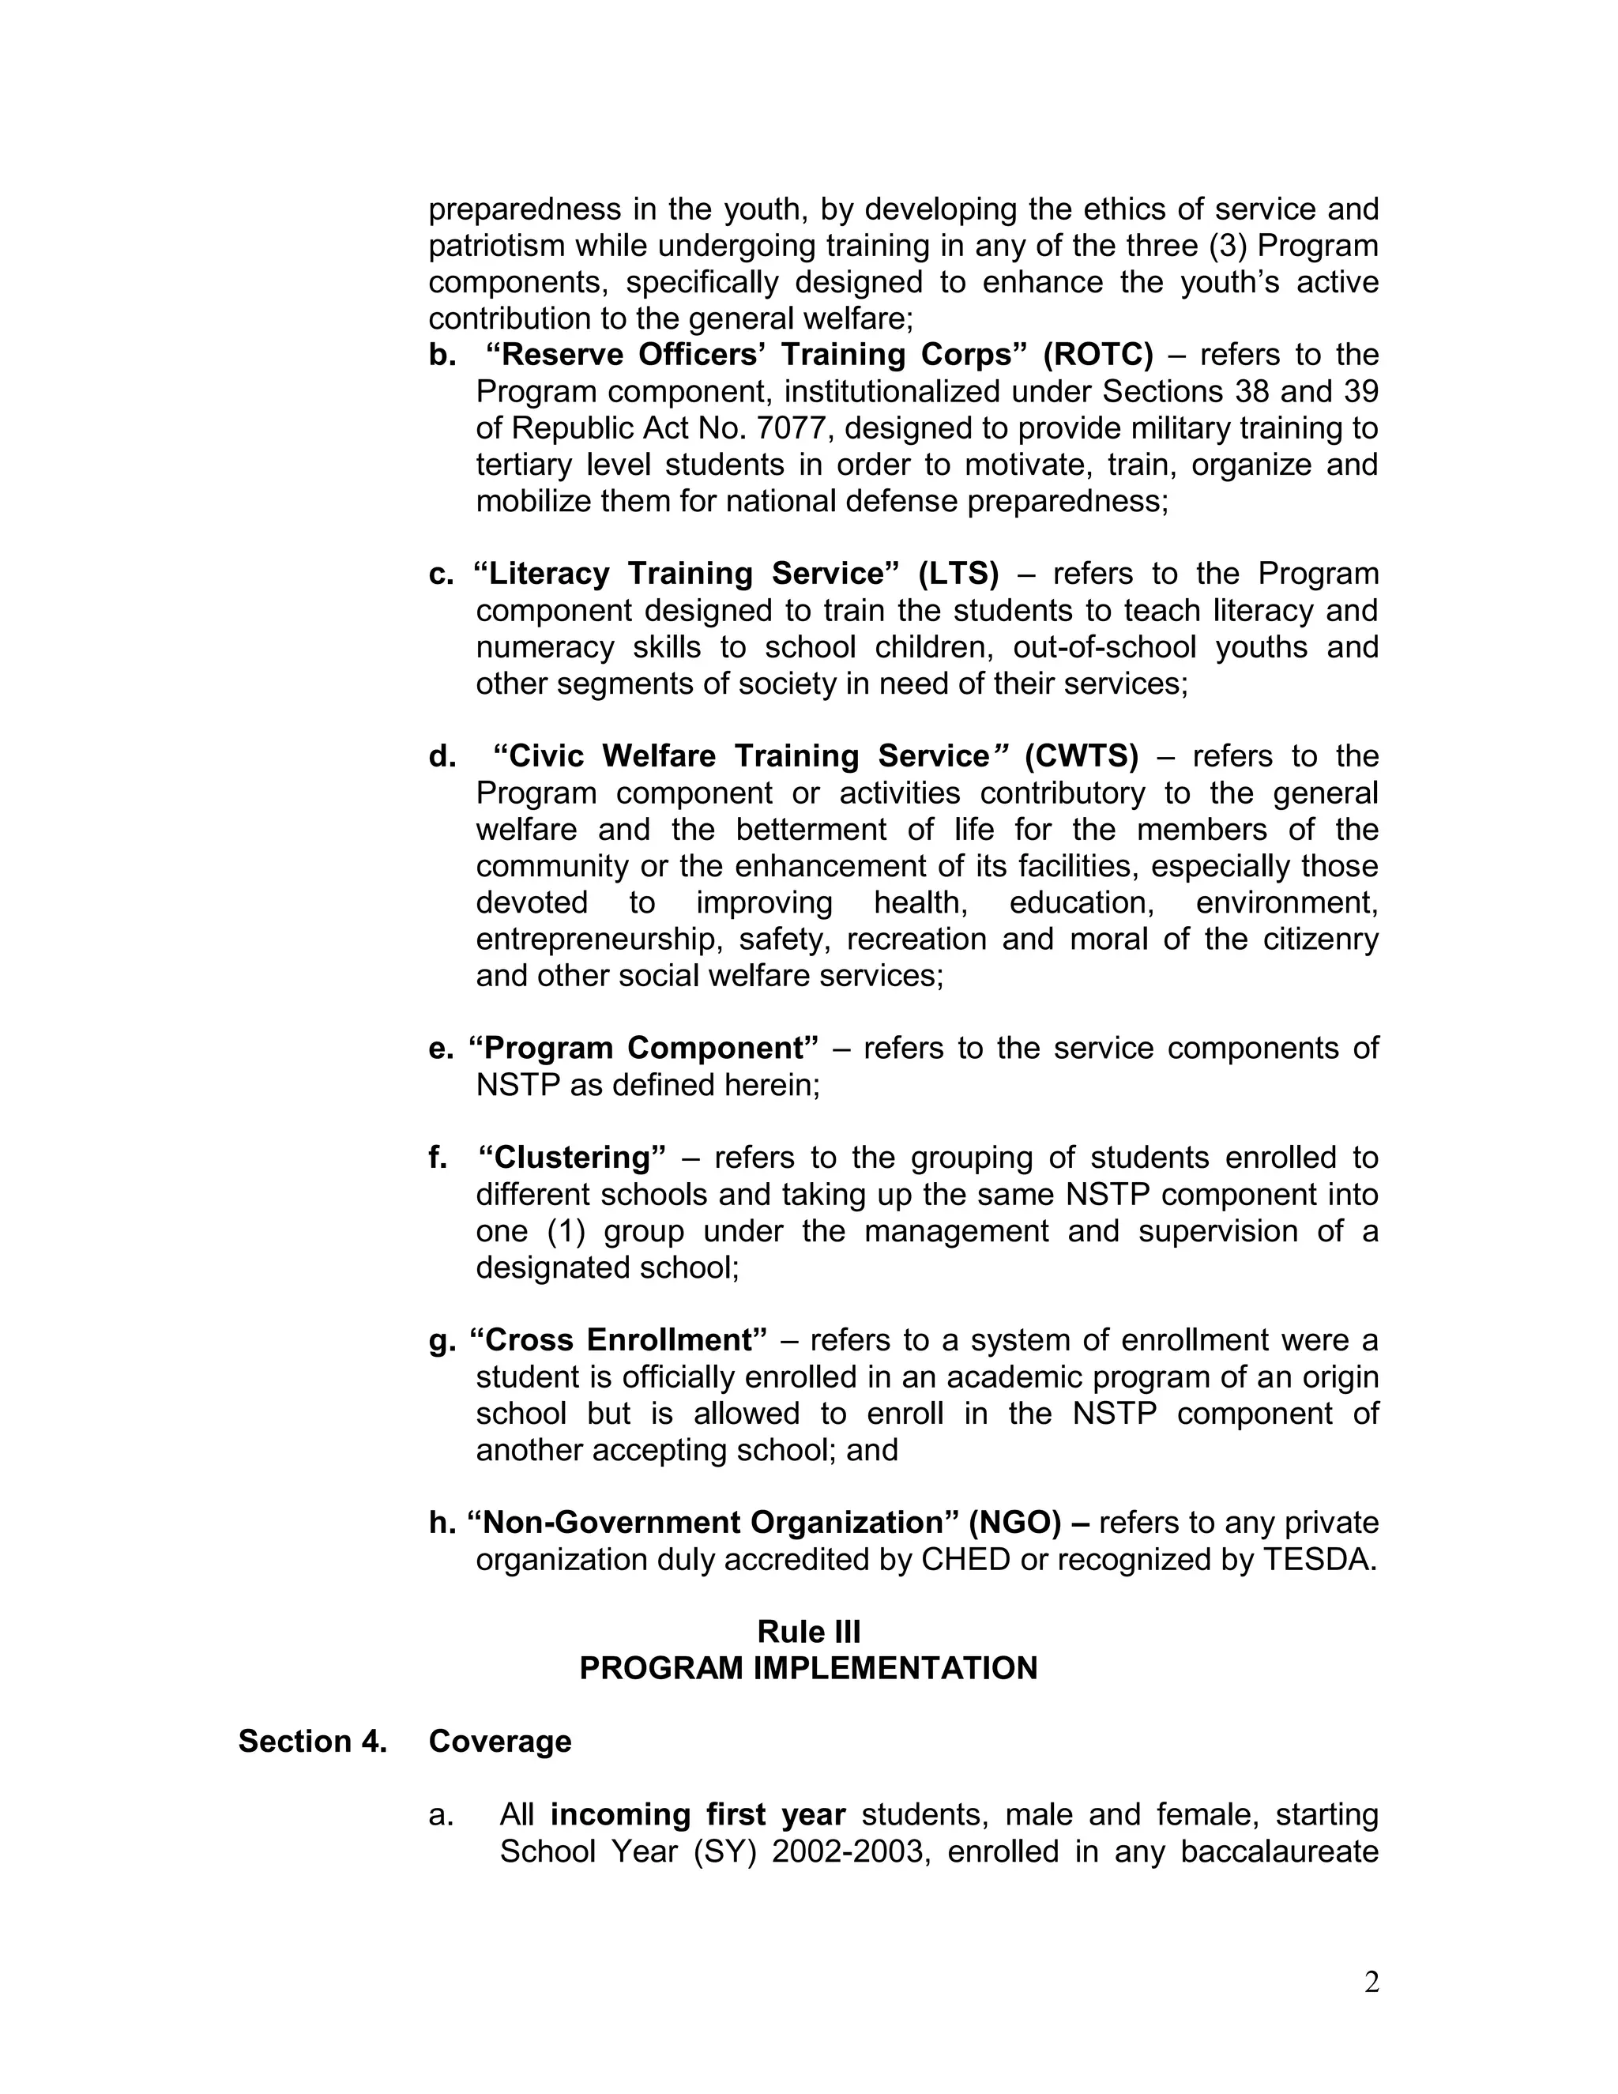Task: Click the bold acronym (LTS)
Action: click(958, 574)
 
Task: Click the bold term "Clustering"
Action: click(571, 1158)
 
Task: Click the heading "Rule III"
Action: click(808, 1631)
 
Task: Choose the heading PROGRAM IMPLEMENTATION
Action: click(808, 1668)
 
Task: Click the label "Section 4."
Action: click(313, 1741)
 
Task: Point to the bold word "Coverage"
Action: click(499, 1741)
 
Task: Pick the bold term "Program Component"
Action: click(643, 1048)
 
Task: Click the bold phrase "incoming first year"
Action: click(698, 1814)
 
